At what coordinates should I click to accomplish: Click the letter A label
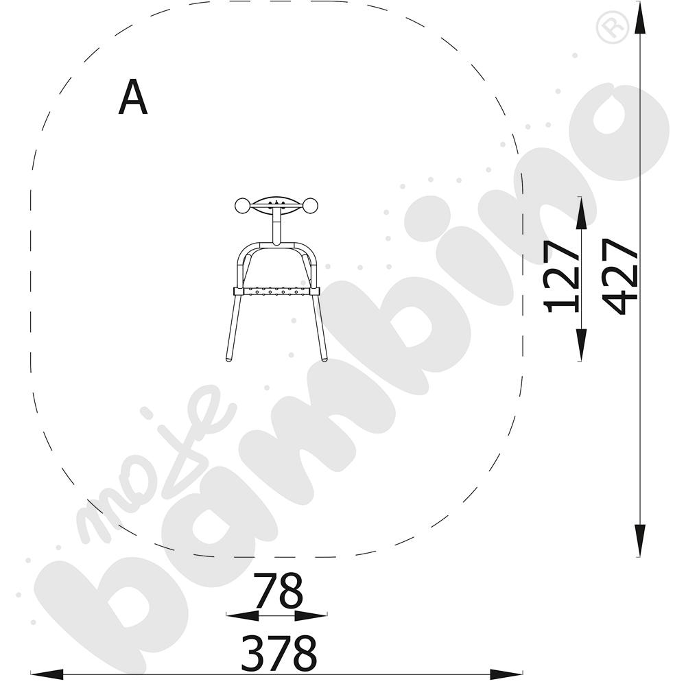pos(132,97)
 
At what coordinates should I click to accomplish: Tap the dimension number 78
pos(278,591)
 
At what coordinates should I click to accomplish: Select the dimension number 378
pos(279,653)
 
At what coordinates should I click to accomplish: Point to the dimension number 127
pos(561,276)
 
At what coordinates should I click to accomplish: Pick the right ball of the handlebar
pos(311,206)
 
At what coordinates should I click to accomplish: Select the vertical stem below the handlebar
pos(276,226)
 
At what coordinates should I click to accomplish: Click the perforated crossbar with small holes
pos(276,291)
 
